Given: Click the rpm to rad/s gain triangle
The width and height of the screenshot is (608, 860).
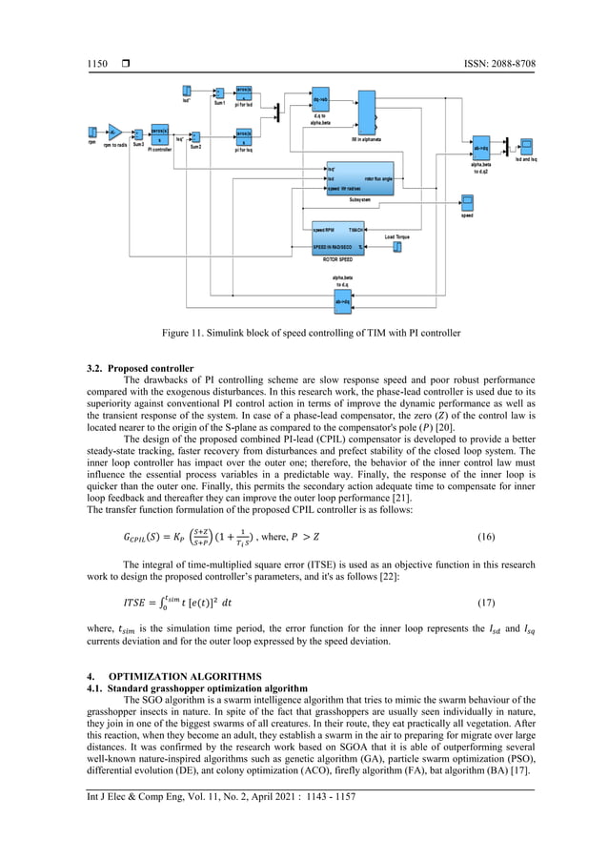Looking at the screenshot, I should pos(113,132).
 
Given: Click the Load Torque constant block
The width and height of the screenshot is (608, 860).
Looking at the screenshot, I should pos(397,247).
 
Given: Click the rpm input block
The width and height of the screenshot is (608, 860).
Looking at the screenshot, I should pos(91,132).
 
